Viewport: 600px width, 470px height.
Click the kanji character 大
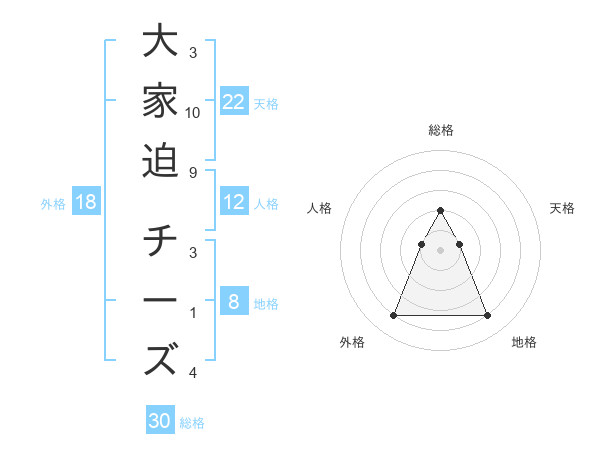pyautogui.click(x=161, y=44)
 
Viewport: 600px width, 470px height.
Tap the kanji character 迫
pyautogui.click(x=161, y=159)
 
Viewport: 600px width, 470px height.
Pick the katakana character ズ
pyautogui.click(x=161, y=359)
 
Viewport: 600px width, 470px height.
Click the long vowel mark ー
pyautogui.click(x=161, y=301)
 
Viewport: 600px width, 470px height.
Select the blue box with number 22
pyautogui.click(x=234, y=101)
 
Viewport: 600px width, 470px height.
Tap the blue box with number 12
pyautogui.click(x=234, y=202)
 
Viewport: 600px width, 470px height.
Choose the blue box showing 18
pyautogui.click(x=86, y=202)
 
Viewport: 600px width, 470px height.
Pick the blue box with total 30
pyautogui.click(x=160, y=421)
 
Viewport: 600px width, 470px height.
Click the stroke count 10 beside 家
pyautogui.click(x=193, y=112)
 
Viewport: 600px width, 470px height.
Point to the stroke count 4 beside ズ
pyautogui.click(x=192, y=373)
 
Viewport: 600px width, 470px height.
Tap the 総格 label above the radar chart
pyautogui.click(x=440, y=130)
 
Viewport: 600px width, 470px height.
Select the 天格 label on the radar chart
pyautogui.click(x=563, y=208)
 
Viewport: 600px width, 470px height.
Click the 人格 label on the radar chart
pyautogui.click(x=319, y=208)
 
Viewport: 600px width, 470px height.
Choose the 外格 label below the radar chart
pyautogui.click(x=352, y=342)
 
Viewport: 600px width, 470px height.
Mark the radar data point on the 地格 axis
pyautogui.click(x=487, y=316)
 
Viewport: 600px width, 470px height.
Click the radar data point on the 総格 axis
pyautogui.click(x=440, y=211)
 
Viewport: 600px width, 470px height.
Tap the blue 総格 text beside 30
pyautogui.click(x=192, y=423)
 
